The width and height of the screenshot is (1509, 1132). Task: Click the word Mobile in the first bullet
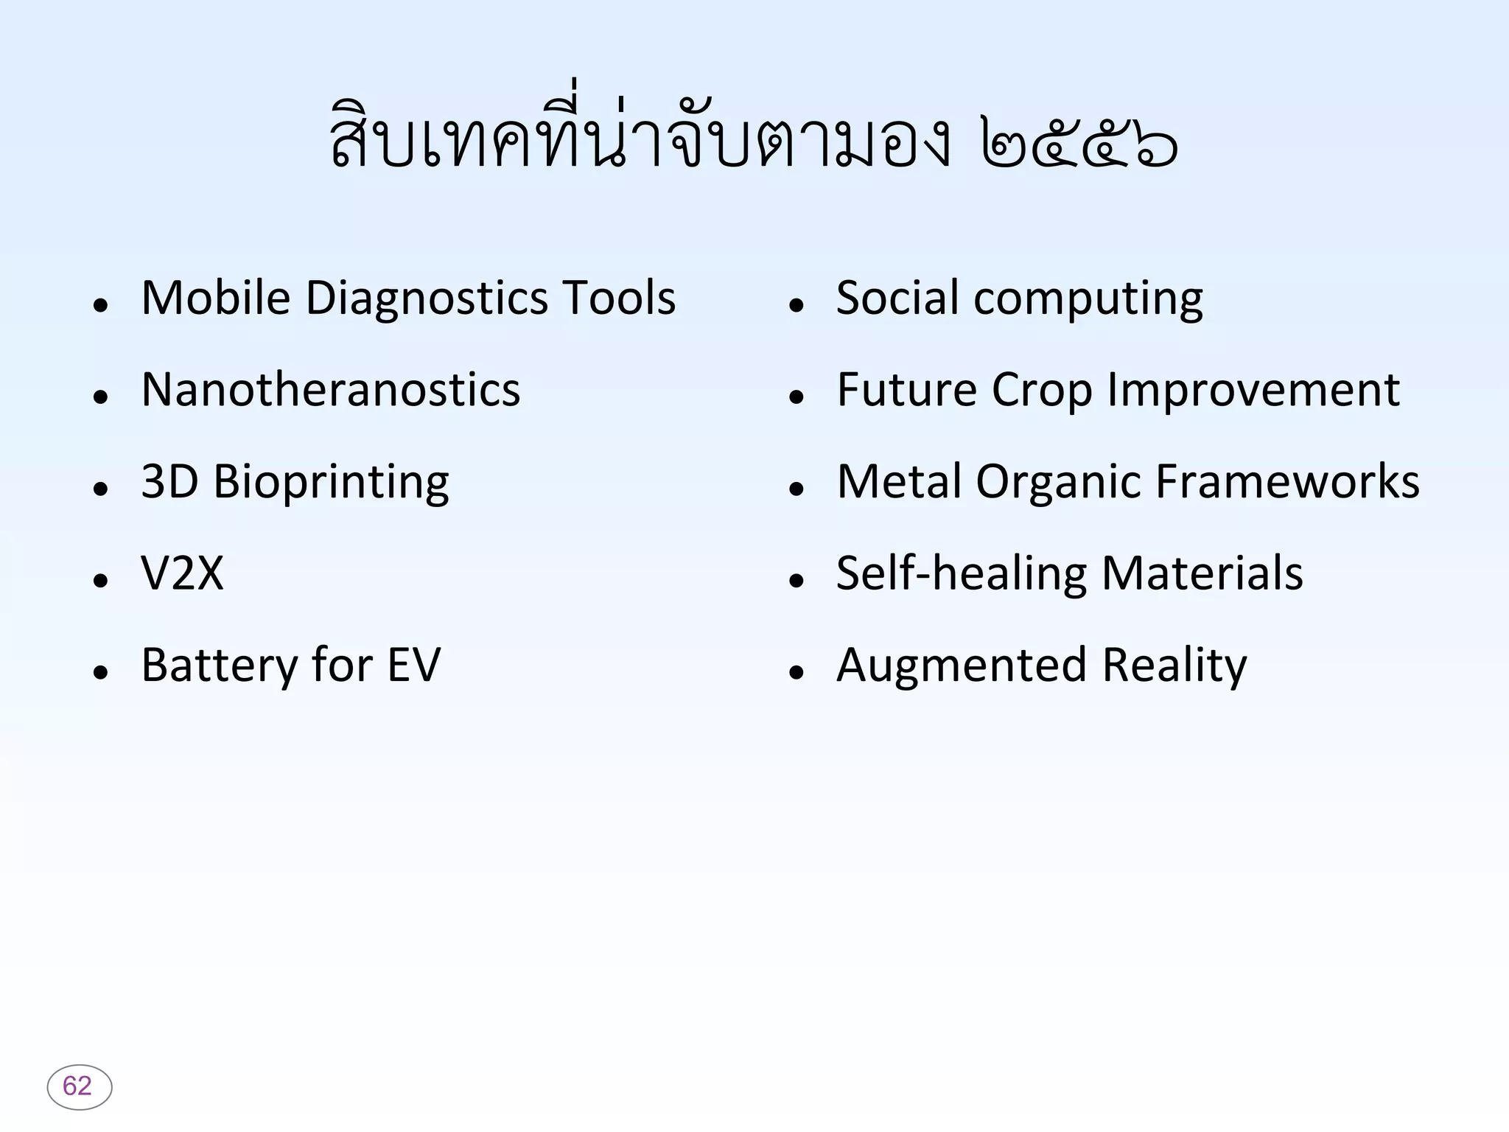coord(215,298)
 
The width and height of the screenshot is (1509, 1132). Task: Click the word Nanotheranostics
coord(330,390)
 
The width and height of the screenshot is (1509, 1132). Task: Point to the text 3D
coord(169,482)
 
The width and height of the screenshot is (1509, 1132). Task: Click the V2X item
coord(182,574)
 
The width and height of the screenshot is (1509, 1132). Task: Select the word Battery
coord(220,666)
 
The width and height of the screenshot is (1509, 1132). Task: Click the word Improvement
coord(1253,390)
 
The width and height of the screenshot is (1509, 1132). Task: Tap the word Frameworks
coord(1286,482)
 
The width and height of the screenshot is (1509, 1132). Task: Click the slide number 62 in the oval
coord(78,1086)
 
